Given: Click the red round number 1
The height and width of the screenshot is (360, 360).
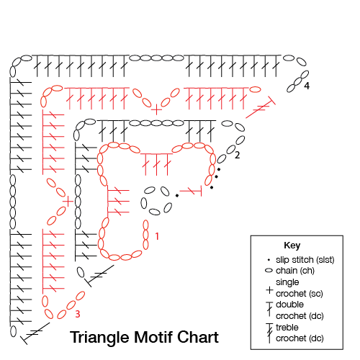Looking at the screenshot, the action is pos(157,236).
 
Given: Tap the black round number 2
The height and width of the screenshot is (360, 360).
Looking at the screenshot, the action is pos(237,155).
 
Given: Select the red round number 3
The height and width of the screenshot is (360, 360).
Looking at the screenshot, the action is pos(78,314).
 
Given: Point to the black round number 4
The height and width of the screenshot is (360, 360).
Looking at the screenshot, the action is pos(307,86).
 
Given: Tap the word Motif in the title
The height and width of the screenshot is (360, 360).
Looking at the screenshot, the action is pos(154,337).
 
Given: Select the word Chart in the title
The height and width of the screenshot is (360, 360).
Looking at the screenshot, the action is pos(198,337).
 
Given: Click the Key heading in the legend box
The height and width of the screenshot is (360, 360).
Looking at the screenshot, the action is pos(292,246).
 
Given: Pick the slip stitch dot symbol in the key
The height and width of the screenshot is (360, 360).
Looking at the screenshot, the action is pos(269,260).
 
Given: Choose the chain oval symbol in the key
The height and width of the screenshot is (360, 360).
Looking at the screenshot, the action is pos(269,271).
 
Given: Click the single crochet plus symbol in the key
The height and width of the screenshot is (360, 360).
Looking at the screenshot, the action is pos(269,290).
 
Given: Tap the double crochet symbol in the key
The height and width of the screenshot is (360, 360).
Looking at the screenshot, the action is pos(269,309).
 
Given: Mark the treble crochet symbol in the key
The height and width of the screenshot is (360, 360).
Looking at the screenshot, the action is pos(269,333).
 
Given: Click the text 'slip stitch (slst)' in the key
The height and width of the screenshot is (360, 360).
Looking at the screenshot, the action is pos(305,260).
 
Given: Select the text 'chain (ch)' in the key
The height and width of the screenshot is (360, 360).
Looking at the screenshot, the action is pos(295,271).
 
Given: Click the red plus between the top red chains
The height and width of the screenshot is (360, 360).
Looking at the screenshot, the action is pos(156,110).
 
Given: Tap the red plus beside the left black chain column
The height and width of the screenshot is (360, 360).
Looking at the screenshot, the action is pos(68,202).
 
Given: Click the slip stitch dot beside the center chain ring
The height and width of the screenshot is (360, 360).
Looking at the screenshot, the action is pos(177,196).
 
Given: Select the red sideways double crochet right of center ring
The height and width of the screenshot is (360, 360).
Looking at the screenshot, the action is pos(191,191).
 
